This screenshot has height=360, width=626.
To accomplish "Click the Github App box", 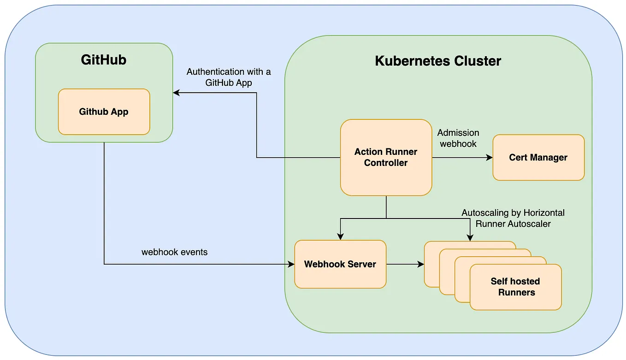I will (104, 112).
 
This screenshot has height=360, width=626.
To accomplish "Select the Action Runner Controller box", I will (386, 157).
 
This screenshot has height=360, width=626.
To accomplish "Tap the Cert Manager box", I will (538, 157).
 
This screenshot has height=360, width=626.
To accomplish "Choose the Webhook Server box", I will (340, 264).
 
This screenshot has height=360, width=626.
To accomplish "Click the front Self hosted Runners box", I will (515, 287).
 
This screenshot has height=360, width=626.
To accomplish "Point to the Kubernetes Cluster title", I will (438, 61).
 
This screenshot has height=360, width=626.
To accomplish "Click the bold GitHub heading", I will (104, 60).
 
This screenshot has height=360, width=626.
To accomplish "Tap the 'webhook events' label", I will (174, 252).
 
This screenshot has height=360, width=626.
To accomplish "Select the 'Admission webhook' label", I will (458, 138).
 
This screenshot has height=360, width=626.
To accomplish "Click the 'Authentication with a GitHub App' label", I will (229, 77).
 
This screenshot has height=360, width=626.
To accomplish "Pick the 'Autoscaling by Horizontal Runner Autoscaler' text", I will (513, 218).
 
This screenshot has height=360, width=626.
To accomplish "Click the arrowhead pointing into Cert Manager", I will (490, 157).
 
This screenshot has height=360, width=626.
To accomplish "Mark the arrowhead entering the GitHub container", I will (176, 93).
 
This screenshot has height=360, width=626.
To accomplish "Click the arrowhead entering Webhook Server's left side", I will (291, 264).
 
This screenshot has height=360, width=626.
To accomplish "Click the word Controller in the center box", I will (386, 163).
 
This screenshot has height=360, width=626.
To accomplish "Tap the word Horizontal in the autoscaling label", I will (544, 212).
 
